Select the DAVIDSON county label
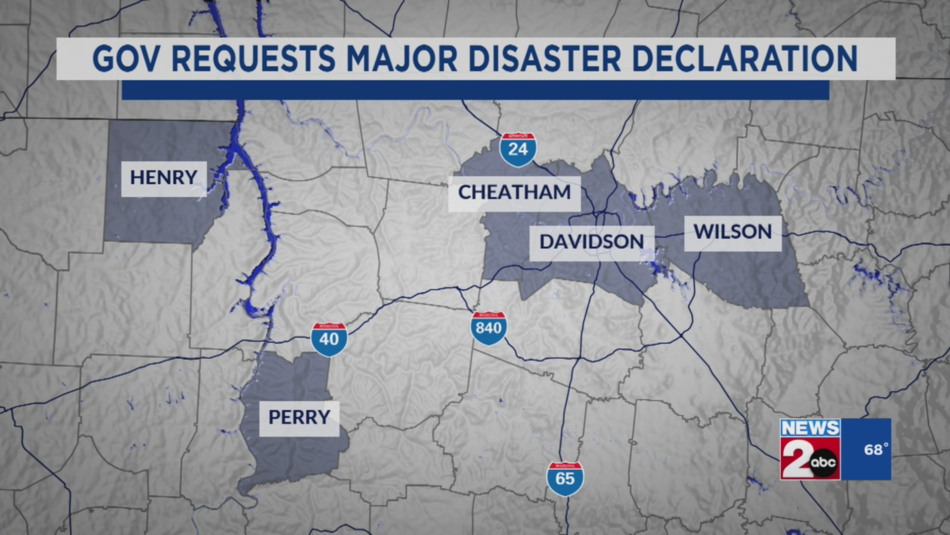point(592,243)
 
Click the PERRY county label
point(299,418)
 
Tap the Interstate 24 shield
point(518,149)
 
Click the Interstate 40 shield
point(329,339)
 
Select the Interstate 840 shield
point(488,328)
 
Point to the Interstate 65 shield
point(565,479)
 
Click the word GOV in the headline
point(126,59)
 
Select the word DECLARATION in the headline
point(745,59)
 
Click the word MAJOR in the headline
point(402,59)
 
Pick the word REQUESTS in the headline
point(253,59)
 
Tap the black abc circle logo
point(823,463)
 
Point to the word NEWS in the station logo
point(810,428)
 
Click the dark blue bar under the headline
point(475,90)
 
